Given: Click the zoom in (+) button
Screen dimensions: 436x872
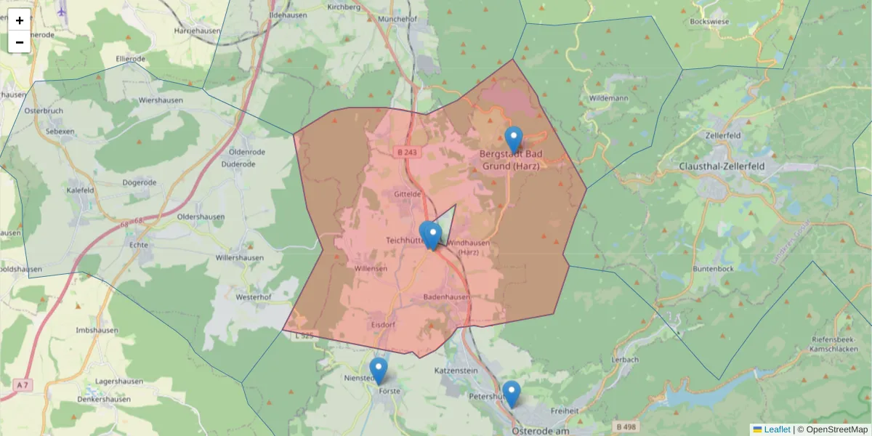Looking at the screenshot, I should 20,20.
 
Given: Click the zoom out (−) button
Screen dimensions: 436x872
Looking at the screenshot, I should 20,42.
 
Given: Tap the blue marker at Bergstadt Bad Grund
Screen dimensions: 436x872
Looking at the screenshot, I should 514,138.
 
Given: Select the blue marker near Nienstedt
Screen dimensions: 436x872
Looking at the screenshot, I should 379,369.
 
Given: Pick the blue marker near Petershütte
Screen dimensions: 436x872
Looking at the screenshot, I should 512,392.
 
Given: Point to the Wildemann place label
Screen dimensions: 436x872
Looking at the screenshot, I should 608,97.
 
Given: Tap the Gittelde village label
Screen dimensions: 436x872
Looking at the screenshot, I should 407,195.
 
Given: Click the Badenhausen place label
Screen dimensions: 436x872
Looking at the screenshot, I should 446,297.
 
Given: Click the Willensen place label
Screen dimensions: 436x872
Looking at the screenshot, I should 371,268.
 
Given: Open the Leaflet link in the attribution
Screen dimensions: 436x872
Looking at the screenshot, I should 776,429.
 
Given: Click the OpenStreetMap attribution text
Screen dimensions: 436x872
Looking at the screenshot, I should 836,429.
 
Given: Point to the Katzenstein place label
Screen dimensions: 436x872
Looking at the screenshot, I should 456,371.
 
